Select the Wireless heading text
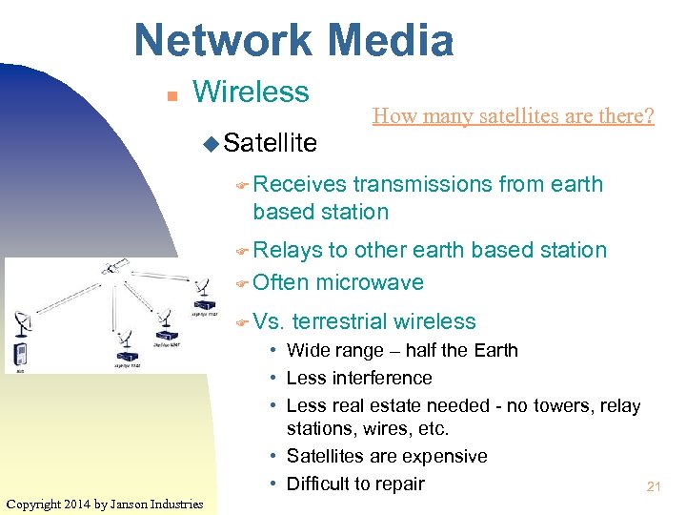click(251, 93)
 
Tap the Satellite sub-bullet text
click(270, 143)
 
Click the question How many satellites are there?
click(513, 116)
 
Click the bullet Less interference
click(359, 378)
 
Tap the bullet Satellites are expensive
click(387, 457)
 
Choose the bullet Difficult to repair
click(355, 484)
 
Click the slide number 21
click(654, 487)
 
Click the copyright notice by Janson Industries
click(104, 504)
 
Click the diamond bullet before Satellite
click(211, 144)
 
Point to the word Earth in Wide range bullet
click(495, 351)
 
